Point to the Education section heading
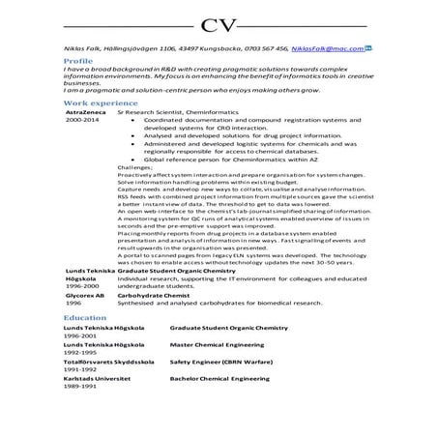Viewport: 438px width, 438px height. click(86, 318)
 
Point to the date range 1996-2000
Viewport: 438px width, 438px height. click(81, 286)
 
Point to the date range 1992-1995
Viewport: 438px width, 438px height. click(81, 351)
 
